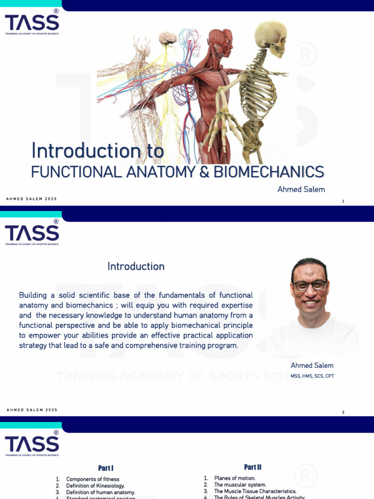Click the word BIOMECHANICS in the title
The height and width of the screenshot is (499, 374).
[x=277, y=172]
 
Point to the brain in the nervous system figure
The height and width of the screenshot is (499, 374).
[x=168, y=38]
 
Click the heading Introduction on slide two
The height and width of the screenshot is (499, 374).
[x=136, y=266]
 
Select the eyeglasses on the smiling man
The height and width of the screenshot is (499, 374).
[x=309, y=285]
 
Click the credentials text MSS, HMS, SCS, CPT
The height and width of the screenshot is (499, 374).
[x=312, y=376]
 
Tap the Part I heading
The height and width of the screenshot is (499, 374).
[x=106, y=468]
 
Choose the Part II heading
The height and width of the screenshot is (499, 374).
[x=253, y=467]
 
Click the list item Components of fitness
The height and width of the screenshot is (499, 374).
[x=93, y=479]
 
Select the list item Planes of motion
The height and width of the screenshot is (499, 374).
[x=235, y=478]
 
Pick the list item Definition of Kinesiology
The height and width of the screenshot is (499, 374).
[x=95, y=486]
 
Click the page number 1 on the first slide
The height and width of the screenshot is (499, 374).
[x=343, y=201]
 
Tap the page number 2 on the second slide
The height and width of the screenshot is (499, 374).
[x=343, y=412]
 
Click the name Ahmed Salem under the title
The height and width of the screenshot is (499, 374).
[x=301, y=189]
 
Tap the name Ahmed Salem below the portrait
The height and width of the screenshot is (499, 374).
[x=312, y=365]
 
